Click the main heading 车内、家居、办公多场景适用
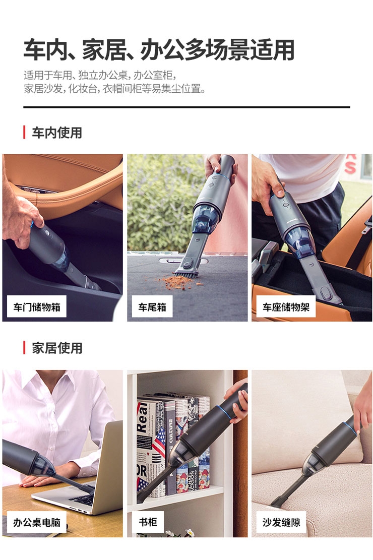click(x=159, y=49)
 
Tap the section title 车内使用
click(x=57, y=133)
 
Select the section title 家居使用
click(x=57, y=348)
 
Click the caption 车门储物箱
click(x=37, y=307)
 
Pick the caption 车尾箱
click(x=152, y=307)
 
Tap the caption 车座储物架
click(x=286, y=307)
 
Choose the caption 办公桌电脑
click(x=37, y=523)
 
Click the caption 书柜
click(x=148, y=522)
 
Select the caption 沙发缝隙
click(x=281, y=523)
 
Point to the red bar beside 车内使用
click(x=24, y=132)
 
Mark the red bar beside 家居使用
click(x=24, y=347)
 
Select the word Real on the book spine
click(x=142, y=418)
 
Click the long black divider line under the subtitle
click(x=186, y=107)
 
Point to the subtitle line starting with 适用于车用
click(x=100, y=75)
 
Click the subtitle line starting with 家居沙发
click(x=115, y=88)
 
